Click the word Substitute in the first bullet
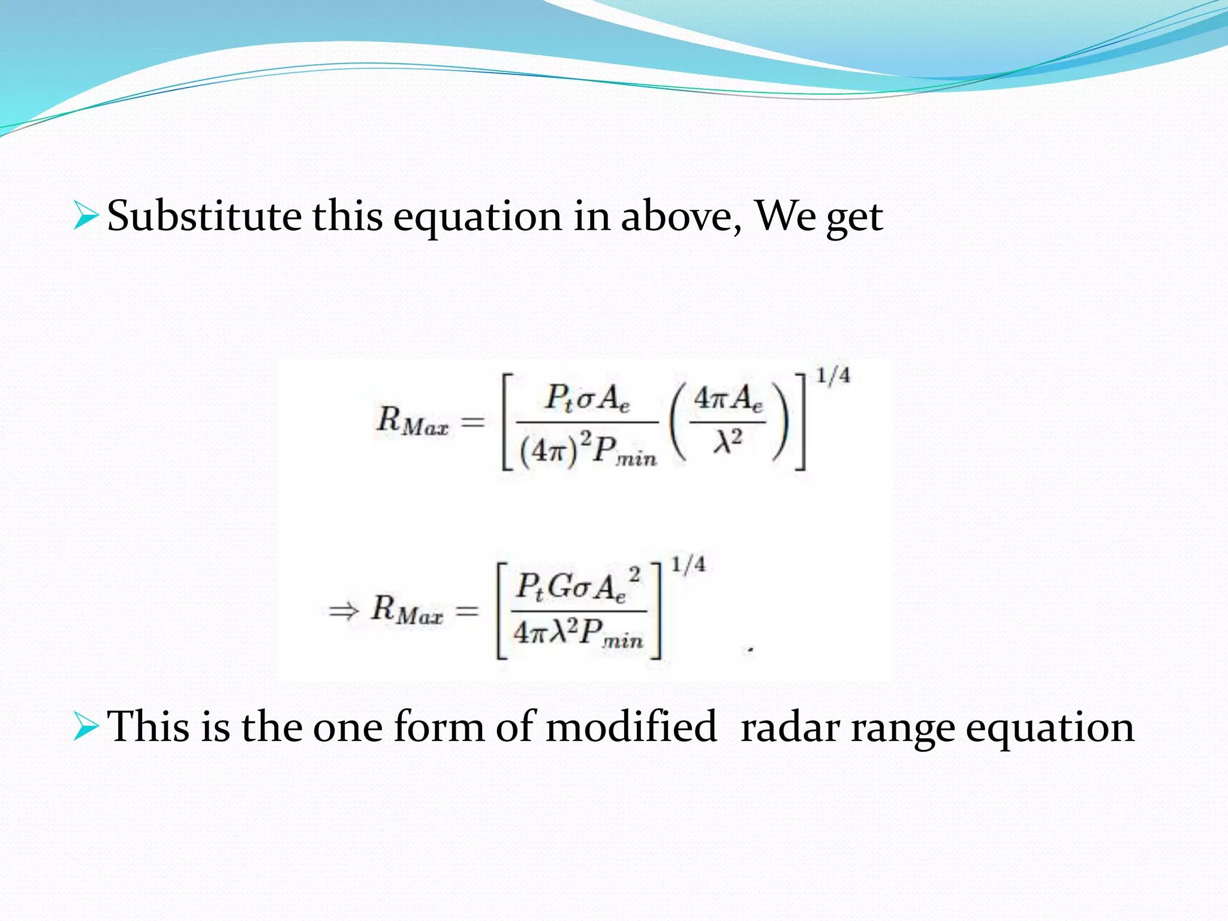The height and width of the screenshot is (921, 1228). coord(204,216)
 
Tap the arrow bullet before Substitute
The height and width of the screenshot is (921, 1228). coord(85,216)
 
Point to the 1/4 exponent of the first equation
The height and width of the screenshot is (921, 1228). coord(832,376)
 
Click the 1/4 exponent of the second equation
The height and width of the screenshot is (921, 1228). coord(688,565)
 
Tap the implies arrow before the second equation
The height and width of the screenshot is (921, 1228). coord(344,611)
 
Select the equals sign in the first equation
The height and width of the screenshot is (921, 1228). coord(472,422)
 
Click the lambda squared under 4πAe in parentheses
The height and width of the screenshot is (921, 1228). coord(727,442)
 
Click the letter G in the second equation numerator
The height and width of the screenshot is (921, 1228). coord(561,586)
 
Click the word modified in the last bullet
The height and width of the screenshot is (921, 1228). coord(631,727)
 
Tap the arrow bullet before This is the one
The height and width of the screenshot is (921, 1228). coord(85,727)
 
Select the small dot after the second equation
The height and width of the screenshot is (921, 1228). coord(750,649)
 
